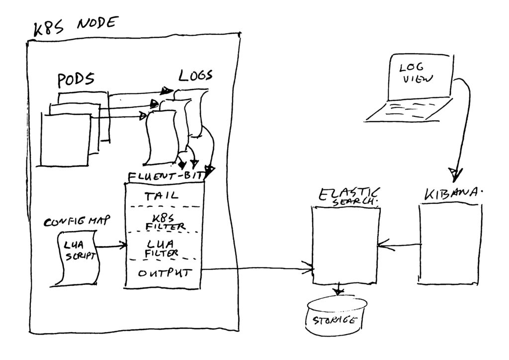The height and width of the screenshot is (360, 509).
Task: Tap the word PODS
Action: [x=76, y=80]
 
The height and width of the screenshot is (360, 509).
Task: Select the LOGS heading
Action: [x=195, y=75]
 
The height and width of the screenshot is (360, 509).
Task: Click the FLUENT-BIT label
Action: [x=166, y=176]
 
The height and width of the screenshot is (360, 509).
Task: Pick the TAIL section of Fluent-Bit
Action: [x=162, y=196]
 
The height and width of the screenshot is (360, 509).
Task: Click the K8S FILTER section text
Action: [x=166, y=222]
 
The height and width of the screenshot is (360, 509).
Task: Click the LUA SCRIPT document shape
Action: [x=76, y=259]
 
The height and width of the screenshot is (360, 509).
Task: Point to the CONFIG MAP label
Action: [x=77, y=221]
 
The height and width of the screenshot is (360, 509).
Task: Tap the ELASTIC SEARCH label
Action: [x=348, y=196]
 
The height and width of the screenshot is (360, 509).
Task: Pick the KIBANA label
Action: [x=453, y=194]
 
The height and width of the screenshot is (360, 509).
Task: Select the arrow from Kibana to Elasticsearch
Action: [x=399, y=245]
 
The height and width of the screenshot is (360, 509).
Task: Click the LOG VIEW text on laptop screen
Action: [x=416, y=74]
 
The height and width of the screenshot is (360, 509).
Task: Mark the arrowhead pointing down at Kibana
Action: [x=455, y=175]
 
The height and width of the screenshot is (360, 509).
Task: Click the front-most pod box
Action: [x=66, y=140]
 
